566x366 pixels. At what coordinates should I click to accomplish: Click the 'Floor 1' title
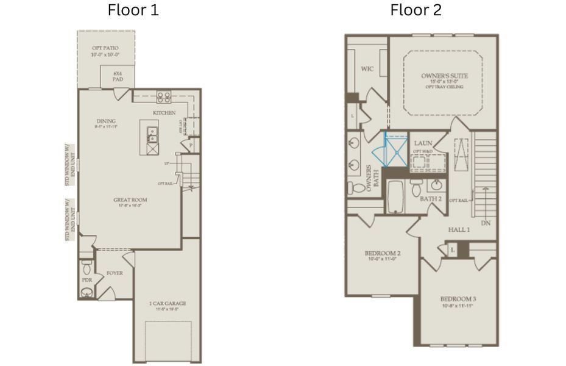[133, 10]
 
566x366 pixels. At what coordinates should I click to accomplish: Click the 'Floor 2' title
[416, 10]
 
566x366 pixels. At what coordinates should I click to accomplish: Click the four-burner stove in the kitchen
[164, 95]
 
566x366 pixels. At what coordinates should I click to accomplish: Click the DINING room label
[105, 121]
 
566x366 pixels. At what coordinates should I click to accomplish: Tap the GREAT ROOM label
[130, 199]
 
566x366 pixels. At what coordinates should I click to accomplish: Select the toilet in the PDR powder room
[87, 268]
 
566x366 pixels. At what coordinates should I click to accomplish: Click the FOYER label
[115, 273]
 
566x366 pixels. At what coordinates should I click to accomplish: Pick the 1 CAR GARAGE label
[168, 303]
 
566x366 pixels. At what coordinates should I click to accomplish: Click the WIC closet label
[367, 70]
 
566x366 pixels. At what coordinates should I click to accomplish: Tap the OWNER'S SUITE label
[444, 76]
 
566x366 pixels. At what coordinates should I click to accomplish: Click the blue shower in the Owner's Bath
[394, 151]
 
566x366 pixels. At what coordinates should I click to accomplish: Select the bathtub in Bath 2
[396, 196]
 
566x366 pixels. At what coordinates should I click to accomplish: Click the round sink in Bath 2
[436, 185]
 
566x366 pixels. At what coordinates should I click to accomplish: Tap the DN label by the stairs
[486, 223]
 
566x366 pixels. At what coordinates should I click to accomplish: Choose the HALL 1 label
[459, 229]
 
